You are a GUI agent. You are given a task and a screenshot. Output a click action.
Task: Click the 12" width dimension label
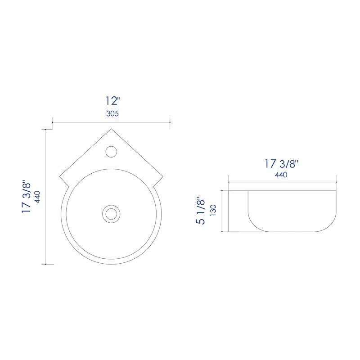[x=112, y=101]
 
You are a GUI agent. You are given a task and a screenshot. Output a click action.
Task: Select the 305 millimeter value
[x=112, y=114]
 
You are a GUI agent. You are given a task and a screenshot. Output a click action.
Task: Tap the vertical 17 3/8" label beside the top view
[x=27, y=197]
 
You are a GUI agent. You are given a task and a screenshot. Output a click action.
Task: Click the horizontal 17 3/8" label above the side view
[x=281, y=164]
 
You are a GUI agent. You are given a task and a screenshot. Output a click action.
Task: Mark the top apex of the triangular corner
[x=111, y=129]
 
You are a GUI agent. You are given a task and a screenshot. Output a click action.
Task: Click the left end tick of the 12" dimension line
[x=53, y=121]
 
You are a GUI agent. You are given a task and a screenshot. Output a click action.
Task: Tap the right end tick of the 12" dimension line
[x=170, y=121]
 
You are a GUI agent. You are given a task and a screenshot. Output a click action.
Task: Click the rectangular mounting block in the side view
[x=238, y=211]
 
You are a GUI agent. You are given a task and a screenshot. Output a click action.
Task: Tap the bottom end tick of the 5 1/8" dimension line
[x=222, y=232]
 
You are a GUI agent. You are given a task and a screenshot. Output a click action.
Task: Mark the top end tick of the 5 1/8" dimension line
[x=222, y=190]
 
